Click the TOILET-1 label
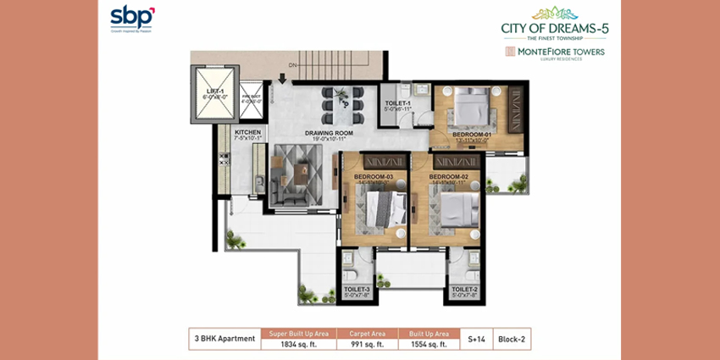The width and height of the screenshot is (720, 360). coord(397,103)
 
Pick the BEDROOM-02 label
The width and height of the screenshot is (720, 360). coord(448,176)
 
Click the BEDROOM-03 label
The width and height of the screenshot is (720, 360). coord(374,176)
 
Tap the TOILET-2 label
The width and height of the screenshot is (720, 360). coord(464,290)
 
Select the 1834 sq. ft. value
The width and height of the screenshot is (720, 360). coord(299,344)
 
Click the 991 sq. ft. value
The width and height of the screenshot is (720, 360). coord(367,344)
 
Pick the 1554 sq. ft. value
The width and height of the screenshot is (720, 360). coord(429,344)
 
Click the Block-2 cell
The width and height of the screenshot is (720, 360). coord(512,339)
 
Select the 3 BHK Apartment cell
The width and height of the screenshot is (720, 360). coord(224,339)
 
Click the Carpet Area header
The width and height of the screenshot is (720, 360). coord(367,334)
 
